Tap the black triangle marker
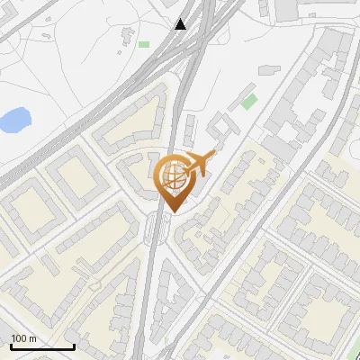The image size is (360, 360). click(x=181, y=24)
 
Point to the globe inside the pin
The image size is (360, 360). click(x=171, y=173)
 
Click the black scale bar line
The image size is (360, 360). click(x=41, y=347)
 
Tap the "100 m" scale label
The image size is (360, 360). click(x=23, y=338)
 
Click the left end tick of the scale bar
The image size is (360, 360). click(x=10, y=346)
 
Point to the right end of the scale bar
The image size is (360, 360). click(x=73, y=346)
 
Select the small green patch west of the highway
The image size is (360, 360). click(x=144, y=43)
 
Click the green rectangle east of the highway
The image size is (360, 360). click(x=248, y=101)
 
